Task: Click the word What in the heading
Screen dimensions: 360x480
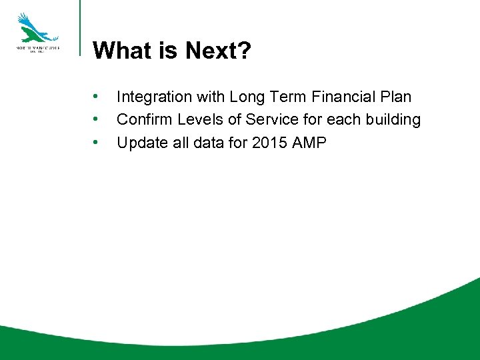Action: point(123,50)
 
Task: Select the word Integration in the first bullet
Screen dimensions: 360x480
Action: point(153,97)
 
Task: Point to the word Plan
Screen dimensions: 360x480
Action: point(396,97)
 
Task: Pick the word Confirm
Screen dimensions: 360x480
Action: point(143,120)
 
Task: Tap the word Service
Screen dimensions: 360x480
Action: point(270,120)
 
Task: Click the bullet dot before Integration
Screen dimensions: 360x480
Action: point(97,97)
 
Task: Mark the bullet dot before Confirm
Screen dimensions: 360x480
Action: point(97,120)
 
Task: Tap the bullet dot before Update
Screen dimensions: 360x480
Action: point(97,143)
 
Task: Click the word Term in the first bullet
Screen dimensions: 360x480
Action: point(286,97)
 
